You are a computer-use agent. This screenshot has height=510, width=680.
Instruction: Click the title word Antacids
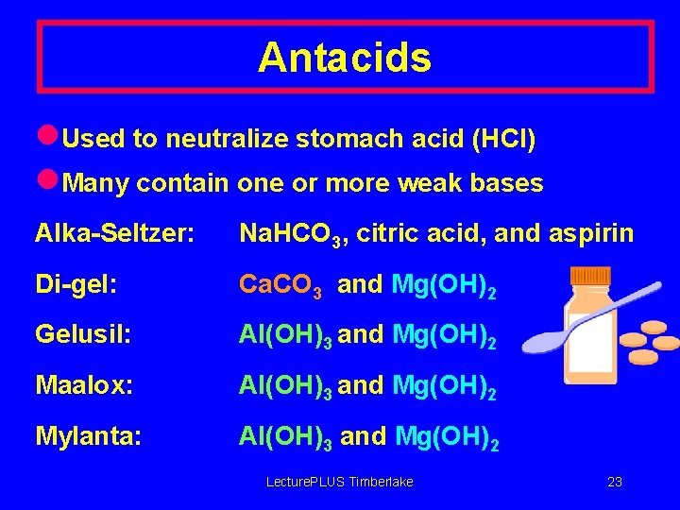pos(345,58)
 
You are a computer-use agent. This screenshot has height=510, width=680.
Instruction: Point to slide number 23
pos(615,482)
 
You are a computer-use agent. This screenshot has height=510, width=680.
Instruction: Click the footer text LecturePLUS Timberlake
pos(340,482)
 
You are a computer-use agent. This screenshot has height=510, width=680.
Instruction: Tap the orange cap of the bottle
pos(592,278)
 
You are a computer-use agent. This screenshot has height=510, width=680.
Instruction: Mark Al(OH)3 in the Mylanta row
pos(285,437)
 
